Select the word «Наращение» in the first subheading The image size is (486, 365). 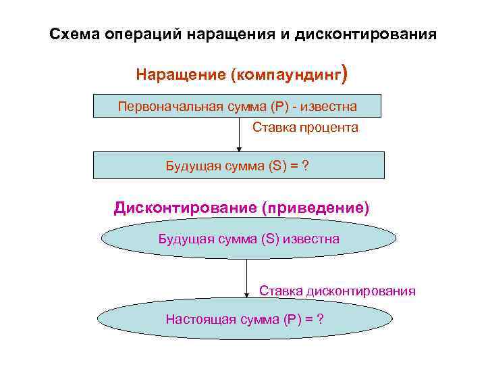[x=180, y=74]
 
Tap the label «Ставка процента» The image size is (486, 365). [x=305, y=127]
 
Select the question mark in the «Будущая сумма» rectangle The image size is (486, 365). [x=306, y=166]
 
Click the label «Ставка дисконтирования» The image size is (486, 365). [x=337, y=291]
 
